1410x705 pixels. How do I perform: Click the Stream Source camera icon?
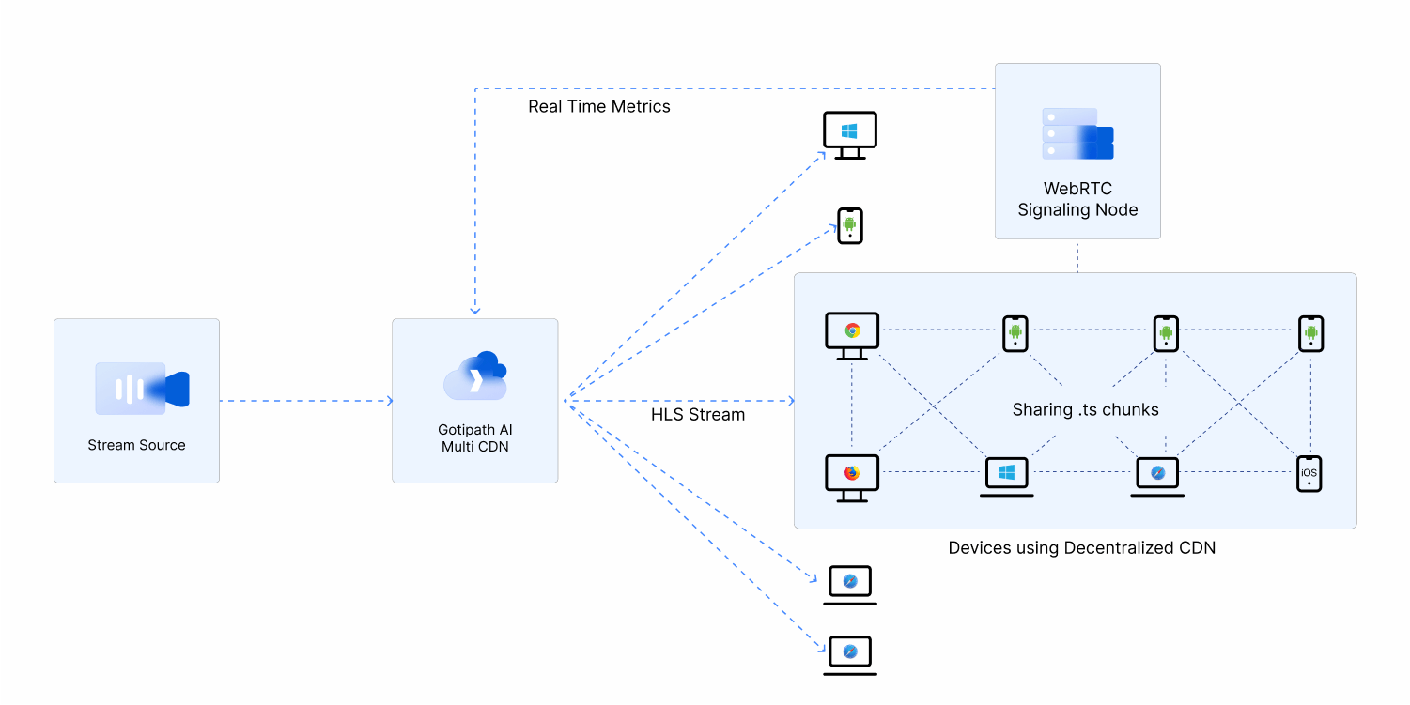coord(143,389)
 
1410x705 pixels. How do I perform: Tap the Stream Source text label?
coord(136,445)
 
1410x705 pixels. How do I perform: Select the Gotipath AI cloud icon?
coord(475,377)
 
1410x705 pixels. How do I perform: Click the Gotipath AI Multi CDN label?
coord(475,438)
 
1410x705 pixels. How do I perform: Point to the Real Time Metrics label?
coord(599,106)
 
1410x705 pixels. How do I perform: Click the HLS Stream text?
coord(698,414)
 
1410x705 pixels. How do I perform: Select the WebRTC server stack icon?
coord(1077,133)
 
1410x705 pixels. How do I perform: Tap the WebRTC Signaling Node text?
coord(1077,199)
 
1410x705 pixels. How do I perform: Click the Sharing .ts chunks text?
coord(1085,409)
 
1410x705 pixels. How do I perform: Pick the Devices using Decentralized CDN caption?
coord(1081,547)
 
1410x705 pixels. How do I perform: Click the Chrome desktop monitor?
coord(852,335)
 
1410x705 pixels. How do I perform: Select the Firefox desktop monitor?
coord(852,478)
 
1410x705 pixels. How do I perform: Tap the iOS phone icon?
coord(1309,473)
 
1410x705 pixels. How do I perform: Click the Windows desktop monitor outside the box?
coord(850,135)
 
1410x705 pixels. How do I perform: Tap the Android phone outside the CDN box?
coord(850,225)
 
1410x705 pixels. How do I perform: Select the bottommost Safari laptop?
coord(850,655)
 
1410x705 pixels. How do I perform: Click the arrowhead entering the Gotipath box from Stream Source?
coord(389,401)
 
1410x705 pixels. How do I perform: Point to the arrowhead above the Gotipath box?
coord(475,311)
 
